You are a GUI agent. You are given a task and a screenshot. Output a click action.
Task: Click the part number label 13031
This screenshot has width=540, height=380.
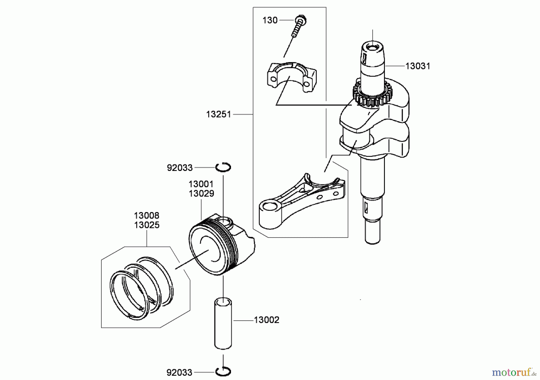click(x=417, y=66)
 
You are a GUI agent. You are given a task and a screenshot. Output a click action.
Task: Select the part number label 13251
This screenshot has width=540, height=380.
click(x=218, y=114)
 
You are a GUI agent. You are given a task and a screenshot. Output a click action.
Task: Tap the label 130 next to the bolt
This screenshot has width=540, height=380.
click(x=270, y=20)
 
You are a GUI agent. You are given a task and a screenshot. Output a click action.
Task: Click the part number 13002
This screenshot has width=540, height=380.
click(x=266, y=320)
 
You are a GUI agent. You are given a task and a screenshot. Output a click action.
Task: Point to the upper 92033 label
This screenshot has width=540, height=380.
click(x=179, y=168)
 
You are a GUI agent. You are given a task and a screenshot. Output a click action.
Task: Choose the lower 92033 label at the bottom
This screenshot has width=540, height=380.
click(x=179, y=373)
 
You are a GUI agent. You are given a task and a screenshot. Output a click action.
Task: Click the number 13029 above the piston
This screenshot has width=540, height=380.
click(x=201, y=193)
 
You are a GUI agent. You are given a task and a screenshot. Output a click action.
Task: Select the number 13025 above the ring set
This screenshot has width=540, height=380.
click(x=146, y=225)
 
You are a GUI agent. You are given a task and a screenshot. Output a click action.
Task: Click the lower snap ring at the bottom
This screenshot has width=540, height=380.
click(x=223, y=372)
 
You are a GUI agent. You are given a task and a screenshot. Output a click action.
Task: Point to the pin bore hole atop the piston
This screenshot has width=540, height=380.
click(x=224, y=222)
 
